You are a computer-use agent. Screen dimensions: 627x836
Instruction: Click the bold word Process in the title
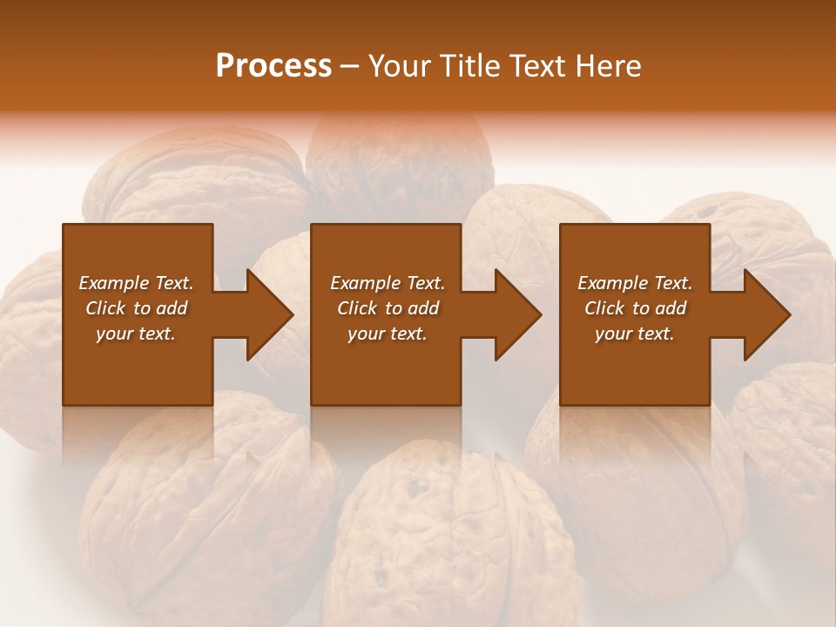[x=273, y=66]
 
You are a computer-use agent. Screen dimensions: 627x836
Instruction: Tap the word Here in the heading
[x=609, y=66]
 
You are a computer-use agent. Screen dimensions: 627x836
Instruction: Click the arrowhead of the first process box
[x=266, y=314]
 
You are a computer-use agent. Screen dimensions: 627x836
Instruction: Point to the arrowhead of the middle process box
[x=516, y=314]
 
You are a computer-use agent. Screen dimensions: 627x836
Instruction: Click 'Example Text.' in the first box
[x=136, y=283]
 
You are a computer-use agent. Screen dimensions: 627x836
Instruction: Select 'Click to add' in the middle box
[x=388, y=308]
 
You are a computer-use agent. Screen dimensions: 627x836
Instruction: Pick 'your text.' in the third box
[x=635, y=334]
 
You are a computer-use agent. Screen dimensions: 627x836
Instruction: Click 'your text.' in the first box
[x=136, y=334]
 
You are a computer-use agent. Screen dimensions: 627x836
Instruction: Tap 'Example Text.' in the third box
[x=635, y=283]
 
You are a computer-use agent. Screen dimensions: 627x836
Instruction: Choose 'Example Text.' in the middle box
[x=388, y=283]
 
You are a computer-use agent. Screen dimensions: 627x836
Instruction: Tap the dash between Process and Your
[x=349, y=66]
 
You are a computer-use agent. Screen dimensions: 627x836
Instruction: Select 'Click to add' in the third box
[x=635, y=308]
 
